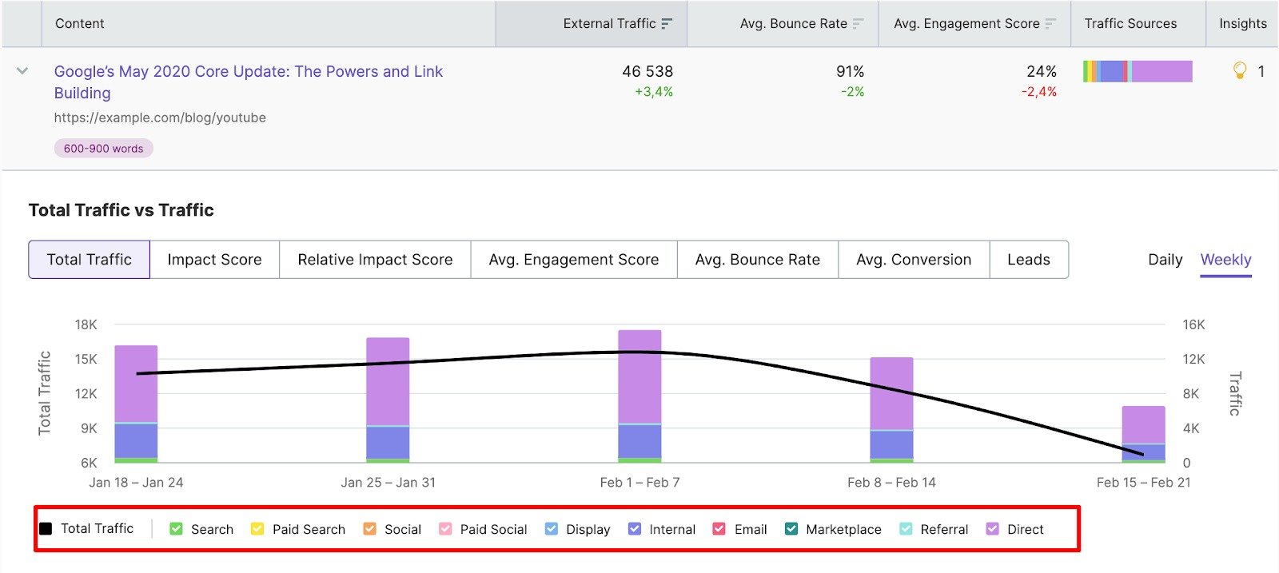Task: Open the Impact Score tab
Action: click(214, 260)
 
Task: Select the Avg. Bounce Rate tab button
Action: click(757, 260)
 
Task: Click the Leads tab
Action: click(1028, 260)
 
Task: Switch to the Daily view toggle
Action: click(1165, 260)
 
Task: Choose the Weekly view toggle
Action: click(1225, 260)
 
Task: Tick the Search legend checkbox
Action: click(177, 529)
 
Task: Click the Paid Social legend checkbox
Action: click(445, 529)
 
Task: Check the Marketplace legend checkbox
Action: click(791, 529)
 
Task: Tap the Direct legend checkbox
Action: click(993, 529)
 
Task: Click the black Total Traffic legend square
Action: click(46, 529)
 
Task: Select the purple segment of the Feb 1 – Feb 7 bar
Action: click(639, 376)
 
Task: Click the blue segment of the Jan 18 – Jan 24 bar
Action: click(136, 440)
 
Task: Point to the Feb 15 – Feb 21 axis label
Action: click(1143, 483)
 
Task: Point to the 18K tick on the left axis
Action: click(86, 324)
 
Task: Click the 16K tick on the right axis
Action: click(1193, 324)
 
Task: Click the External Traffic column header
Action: click(609, 24)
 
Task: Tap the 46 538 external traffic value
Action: click(647, 71)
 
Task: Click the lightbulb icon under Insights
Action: click(1240, 71)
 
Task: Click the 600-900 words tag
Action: click(103, 149)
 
